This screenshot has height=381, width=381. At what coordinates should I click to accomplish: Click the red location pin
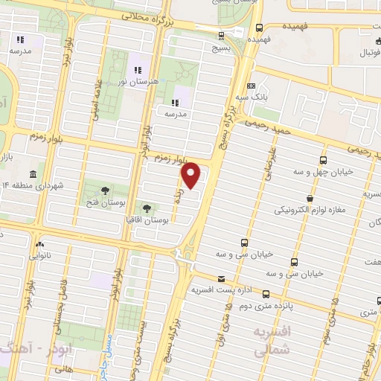[x=191, y=175]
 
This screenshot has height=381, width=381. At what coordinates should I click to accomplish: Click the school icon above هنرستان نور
[x=138, y=70]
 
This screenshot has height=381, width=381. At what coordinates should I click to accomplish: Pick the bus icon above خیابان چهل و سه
[x=322, y=160]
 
